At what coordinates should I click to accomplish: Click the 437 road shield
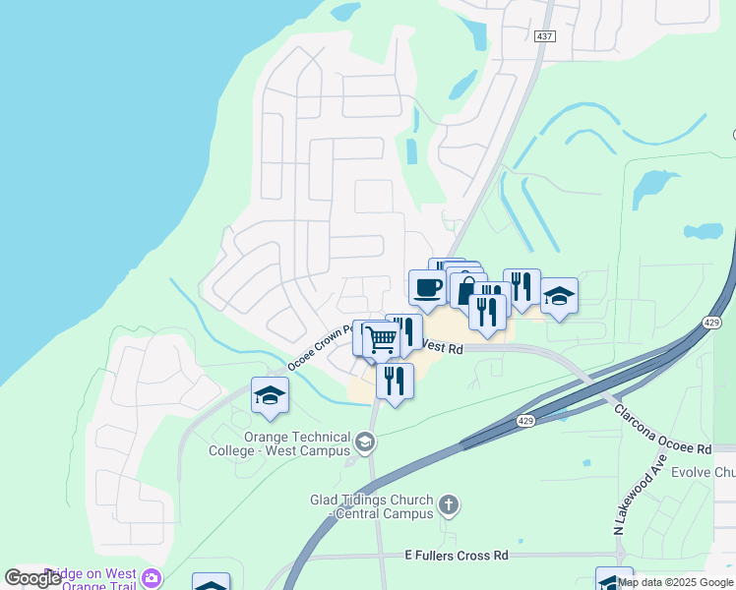pos(546,36)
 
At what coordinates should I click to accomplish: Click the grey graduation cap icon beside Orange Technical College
pos(366,443)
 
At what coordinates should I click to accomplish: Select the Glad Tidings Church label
pos(371,506)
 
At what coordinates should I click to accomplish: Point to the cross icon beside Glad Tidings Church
pos(449,506)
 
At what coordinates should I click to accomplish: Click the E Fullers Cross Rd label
pos(457,556)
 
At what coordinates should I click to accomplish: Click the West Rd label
pos(442,348)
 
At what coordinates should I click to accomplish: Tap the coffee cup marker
pos(427,287)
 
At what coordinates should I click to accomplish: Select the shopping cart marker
pos(382,340)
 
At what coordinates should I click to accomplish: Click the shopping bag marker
pos(466,290)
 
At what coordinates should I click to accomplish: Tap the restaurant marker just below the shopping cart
pos(395,380)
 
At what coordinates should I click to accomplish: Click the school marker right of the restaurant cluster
pos(559,296)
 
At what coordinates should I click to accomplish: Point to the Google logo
pos(34,578)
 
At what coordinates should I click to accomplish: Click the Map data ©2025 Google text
pos(676,582)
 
